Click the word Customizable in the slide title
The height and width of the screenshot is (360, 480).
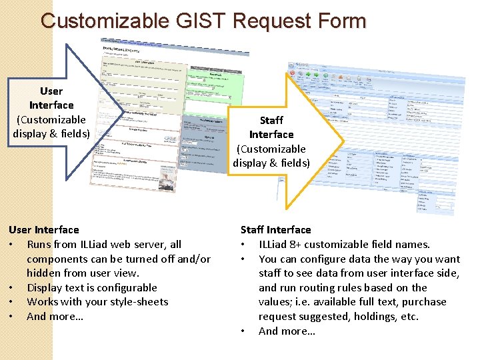[x=105, y=21]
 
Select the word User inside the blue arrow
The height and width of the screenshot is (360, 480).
[x=51, y=91]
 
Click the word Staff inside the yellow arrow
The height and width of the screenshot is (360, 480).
[x=271, y=120]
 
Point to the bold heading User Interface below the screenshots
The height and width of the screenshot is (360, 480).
[x=44, y=230]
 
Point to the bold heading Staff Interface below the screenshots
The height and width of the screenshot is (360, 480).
[x=275, y=230]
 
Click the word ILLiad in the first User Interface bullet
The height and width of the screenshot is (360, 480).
[x=99, y=245]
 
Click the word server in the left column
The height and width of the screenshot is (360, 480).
[x=151, y=245]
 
